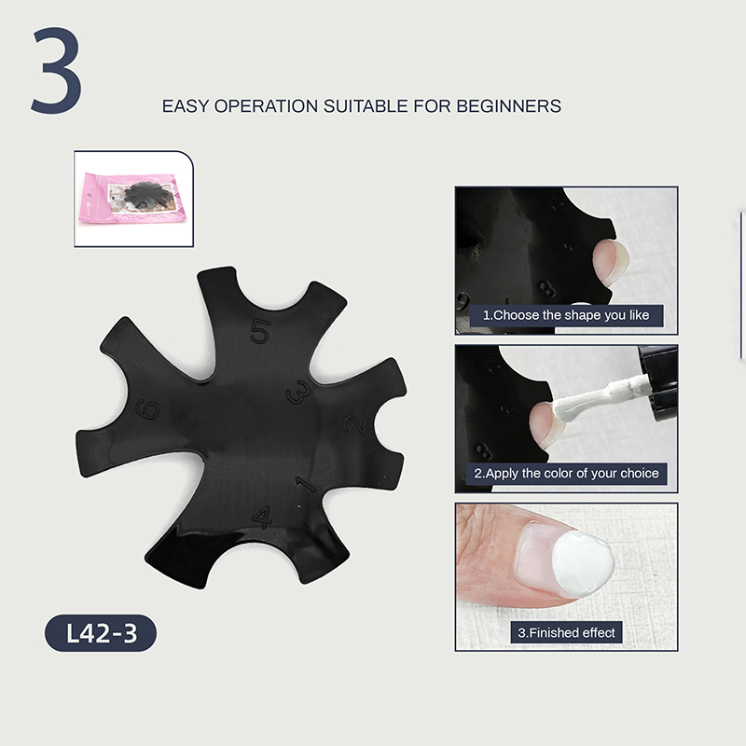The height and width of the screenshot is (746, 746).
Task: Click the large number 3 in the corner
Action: point(57,71)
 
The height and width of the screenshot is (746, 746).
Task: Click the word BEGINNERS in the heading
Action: point(508,106)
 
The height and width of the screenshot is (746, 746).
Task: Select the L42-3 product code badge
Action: point(101,633)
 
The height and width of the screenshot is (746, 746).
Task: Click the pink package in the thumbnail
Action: point(134,198)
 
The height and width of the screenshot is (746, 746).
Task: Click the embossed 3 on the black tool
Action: point(298,393)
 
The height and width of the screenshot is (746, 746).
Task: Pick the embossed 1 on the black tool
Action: point(306,484)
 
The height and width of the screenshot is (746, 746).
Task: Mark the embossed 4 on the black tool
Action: point(262,518)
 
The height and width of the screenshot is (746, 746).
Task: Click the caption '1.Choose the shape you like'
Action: point(566,315)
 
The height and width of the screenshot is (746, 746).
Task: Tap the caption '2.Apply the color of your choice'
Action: point(566,474)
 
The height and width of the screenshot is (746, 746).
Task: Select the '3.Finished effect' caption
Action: point(566,633)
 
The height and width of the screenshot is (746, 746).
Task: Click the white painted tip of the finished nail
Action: point(584,564)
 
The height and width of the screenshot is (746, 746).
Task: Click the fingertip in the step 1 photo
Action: point(611,262)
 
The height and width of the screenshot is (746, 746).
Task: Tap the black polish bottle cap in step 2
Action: point(659,383)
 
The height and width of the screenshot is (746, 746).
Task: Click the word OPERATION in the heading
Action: point(266,106)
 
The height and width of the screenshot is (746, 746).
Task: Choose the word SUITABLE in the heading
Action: point(366,106)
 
